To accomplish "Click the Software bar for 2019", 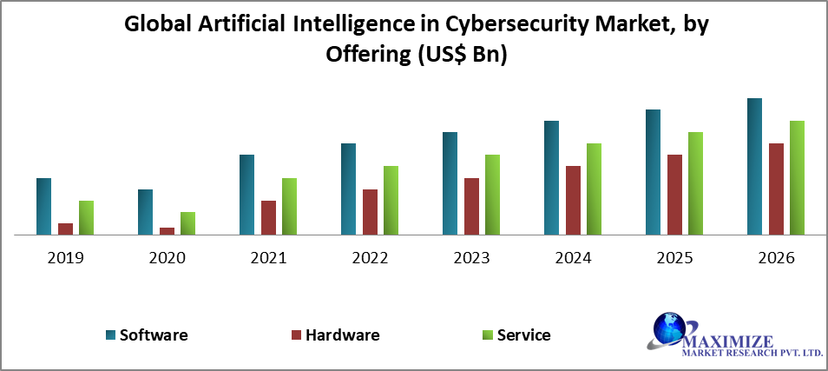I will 43,206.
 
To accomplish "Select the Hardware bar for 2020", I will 167,230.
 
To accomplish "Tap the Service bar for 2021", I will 289,206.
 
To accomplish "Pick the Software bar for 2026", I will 754,166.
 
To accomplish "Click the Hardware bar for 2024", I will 573,200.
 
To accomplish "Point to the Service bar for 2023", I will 492,195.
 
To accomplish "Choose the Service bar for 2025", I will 695,183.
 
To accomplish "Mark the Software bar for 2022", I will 348,189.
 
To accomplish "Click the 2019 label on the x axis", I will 65,258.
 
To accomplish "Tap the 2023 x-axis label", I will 471,258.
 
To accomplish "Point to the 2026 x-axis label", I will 776,258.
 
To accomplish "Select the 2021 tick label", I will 268,258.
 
